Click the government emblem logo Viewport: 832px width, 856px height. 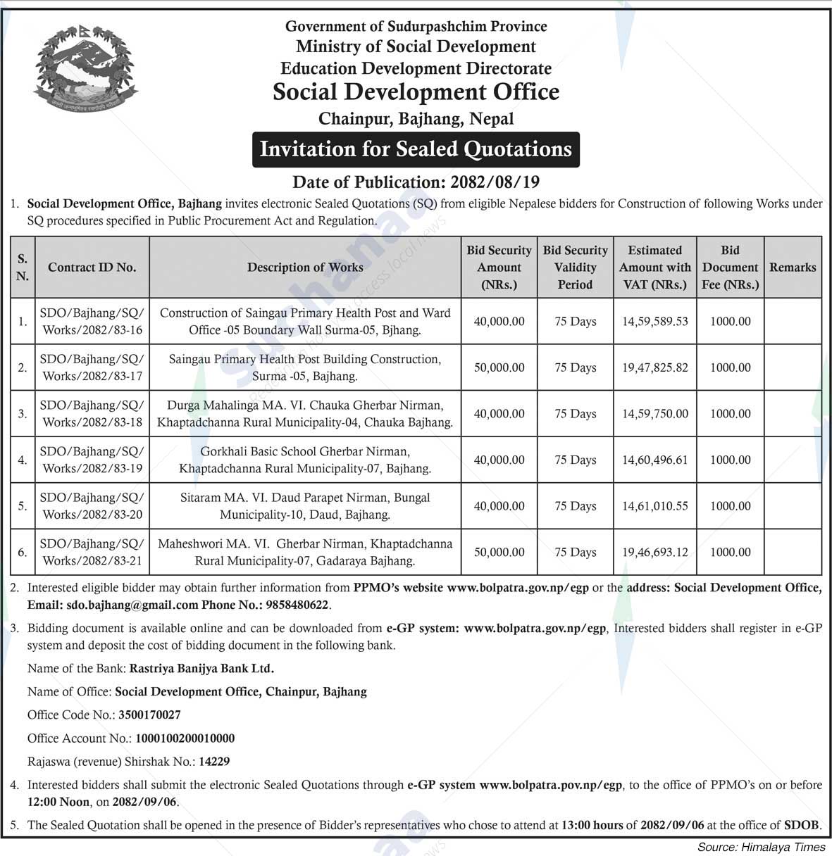point(85,67)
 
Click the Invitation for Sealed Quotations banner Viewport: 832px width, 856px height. point(416,149)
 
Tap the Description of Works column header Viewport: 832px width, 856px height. point(305,267)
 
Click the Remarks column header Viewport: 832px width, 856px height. point(793,267)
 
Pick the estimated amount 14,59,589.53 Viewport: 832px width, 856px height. point(654,322)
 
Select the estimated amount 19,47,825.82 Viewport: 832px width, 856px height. point(654,367)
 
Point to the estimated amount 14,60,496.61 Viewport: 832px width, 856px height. point(654,460)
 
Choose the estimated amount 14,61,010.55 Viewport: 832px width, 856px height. point(654,506)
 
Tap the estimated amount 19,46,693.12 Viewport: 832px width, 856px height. point(654,553)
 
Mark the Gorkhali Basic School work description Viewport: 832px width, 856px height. point(305,460)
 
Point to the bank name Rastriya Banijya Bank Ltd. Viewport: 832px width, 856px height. point(201,669)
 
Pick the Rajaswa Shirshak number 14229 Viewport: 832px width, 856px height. point(214,762)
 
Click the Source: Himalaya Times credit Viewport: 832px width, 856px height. point(760,847)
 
